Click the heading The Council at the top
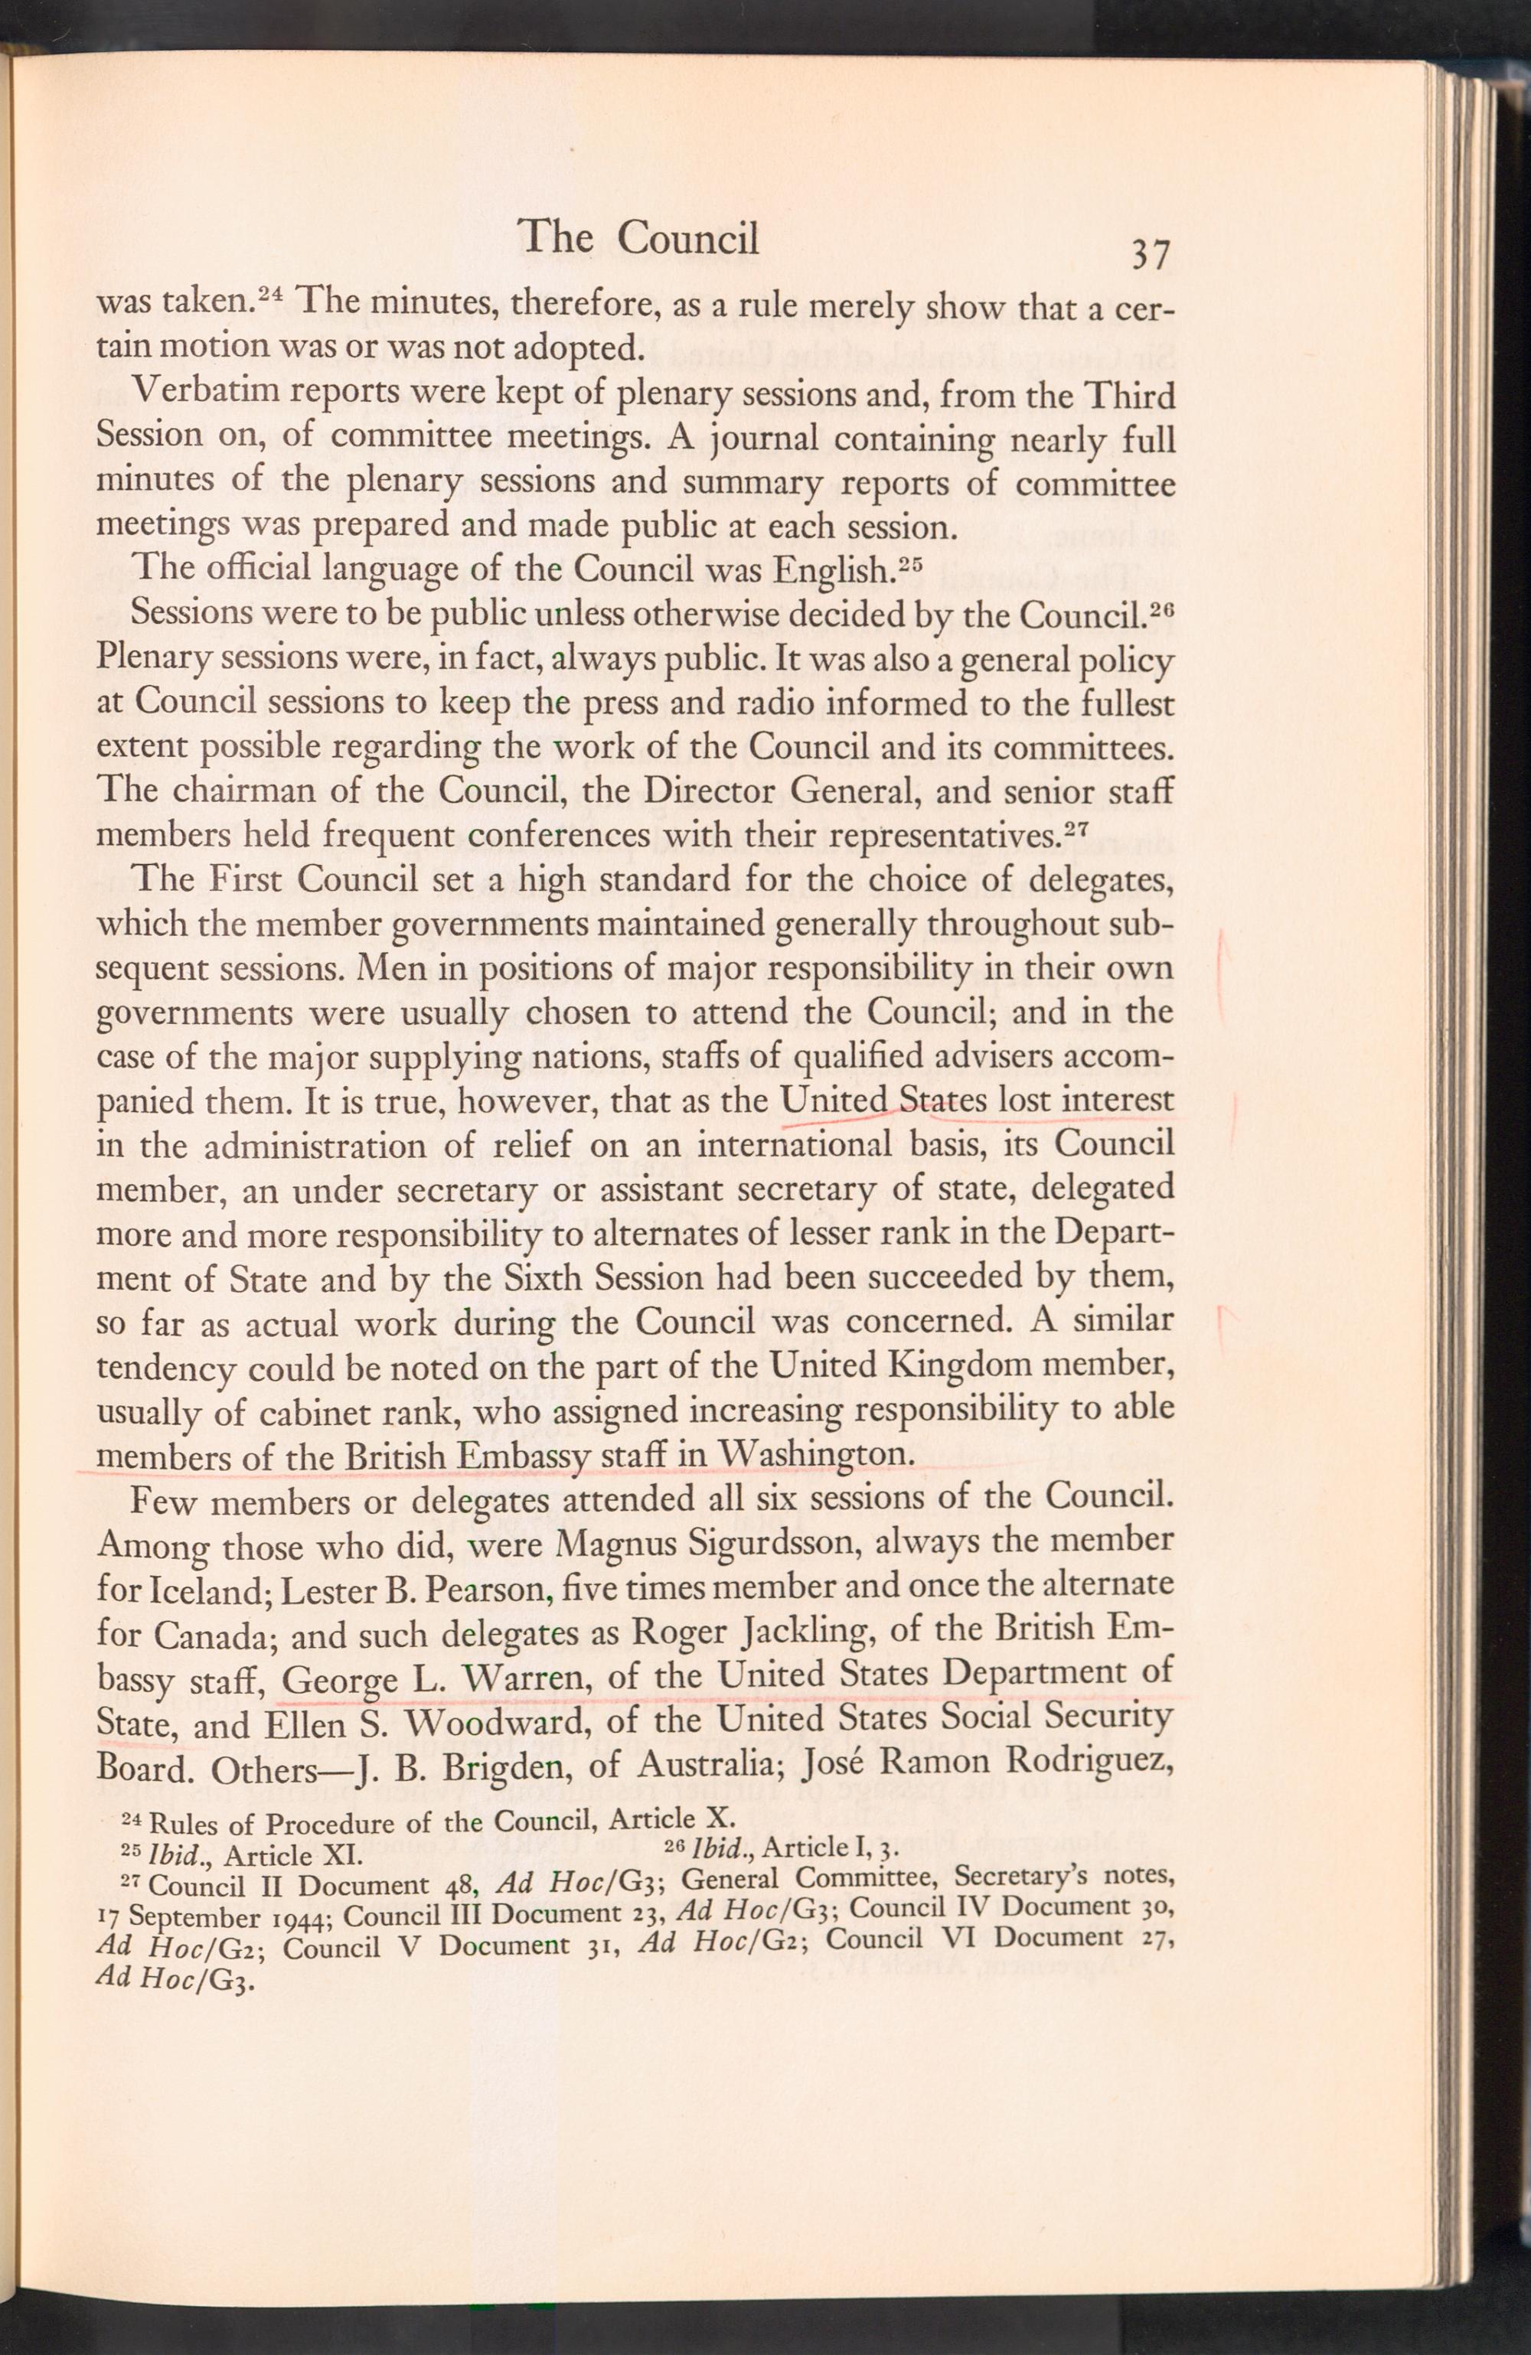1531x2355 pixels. point(638,237)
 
